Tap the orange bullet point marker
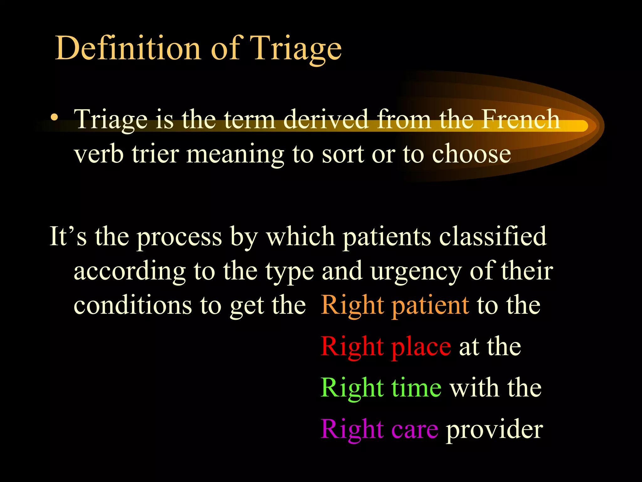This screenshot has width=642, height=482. coord(55,117)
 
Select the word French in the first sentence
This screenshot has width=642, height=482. coord(520,119)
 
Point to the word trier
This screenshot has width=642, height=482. coord(155,154)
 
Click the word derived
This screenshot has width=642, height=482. coord(326,119)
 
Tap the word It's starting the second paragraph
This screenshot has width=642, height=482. coord(68,236)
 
